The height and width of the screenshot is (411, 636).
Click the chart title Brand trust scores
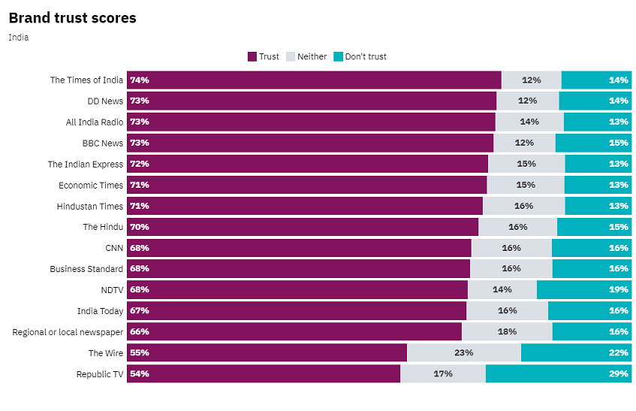pyautogui.click(x=73, y=18)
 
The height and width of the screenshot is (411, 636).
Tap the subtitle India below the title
pyautogui.click(x=19, y=37)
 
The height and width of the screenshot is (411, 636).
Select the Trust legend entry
pyautogui.click(x=264, y=56)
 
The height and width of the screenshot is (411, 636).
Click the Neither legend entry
pyautogui.click(x=306, y=56)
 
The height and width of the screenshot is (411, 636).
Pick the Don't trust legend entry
pyautogui.click(x=360, y=56)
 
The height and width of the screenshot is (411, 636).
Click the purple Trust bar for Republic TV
pyautogui.click(x=263, y=373)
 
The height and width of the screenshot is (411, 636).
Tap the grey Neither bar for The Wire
pyautogui.click(x=463, y=352)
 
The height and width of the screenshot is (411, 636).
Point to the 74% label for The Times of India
pyautogui.click(x=139, y=80)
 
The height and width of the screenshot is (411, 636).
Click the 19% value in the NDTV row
pyautogui.click(x=619, y=289)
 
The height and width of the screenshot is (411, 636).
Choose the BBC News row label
pyautogui.click(x=102, y=143)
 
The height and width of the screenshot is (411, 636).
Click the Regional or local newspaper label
pyautogui.click(x=68, y=331)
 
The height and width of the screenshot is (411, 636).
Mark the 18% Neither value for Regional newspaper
pyautogui.click(x=507, y=331)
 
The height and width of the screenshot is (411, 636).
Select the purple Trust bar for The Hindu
pyautogui.click(x=302, y=227)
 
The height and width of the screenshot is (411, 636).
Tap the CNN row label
pyautogui.click(x=114, y=248)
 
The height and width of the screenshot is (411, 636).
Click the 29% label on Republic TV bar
pyautogui.click(x=619, y=373)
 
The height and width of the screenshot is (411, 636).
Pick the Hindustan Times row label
pyautogui.click(x=89, y=206)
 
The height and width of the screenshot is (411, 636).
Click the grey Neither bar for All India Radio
pyautogui.click(x=529, y=122)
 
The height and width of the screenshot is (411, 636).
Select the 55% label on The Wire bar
pyautogui.click(x=139, y=352)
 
